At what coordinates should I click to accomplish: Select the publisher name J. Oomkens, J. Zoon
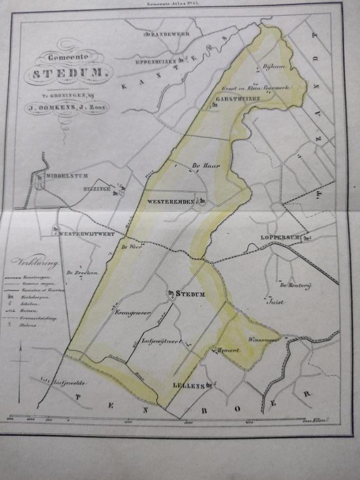click(66, 110)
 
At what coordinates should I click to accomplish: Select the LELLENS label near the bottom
click(189, 385)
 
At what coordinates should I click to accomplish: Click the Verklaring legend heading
click(38, 262)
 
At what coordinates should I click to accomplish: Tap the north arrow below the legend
click(20, 360)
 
